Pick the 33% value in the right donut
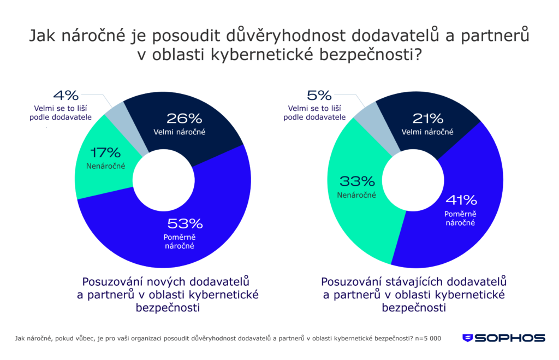pos(357,181)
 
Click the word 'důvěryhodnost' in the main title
pos(292,37)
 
